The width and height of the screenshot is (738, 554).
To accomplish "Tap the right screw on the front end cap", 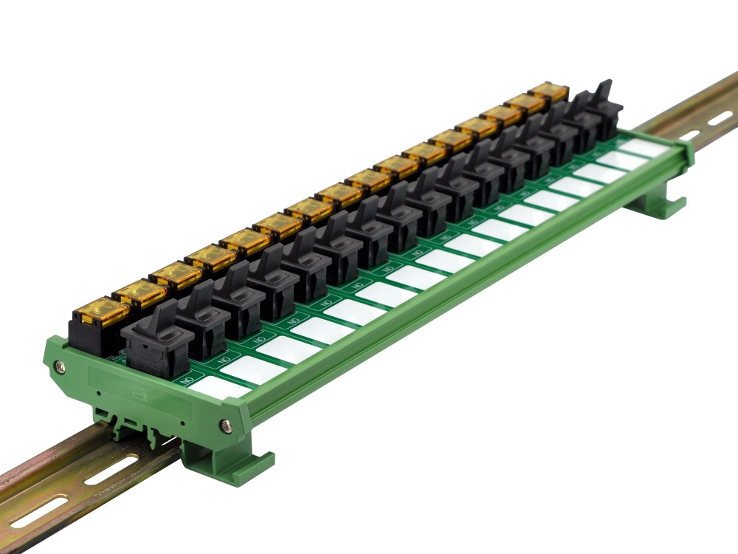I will point(226,425).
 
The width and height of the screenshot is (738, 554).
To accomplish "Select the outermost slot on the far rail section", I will point(720,117).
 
